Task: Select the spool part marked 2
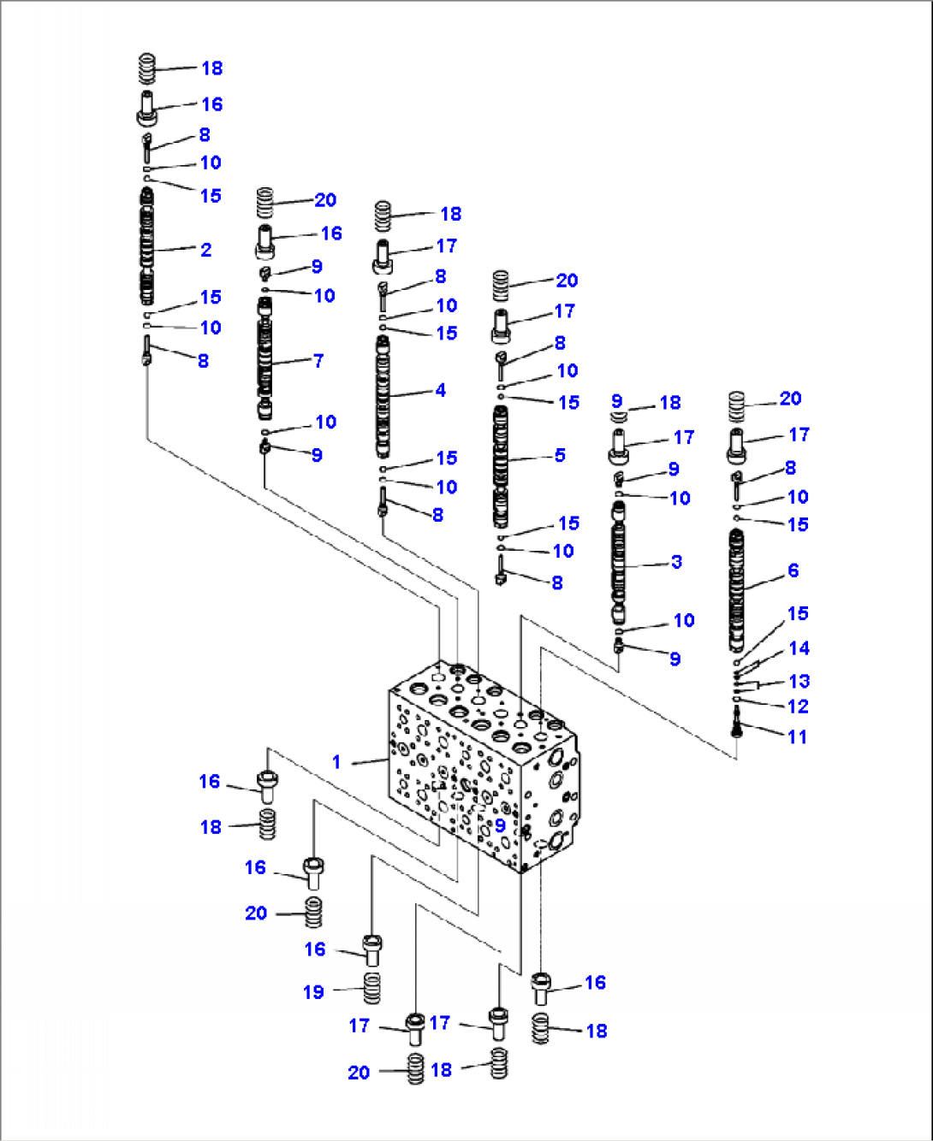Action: pos(147,248)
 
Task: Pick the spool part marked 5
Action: pos(500,466)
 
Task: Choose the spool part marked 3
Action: pos(618,565)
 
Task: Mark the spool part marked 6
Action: pos(735,590)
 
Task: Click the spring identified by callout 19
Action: pos(371,990)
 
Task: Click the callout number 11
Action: pos(797,736)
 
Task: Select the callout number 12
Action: pos(798,706)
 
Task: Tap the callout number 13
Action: pos(799,682)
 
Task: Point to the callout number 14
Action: pos(799,648)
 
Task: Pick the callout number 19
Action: pos(313,992)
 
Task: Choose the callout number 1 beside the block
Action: pos(336,762)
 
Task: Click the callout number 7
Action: pos(318,360)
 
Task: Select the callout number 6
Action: pos(793,570)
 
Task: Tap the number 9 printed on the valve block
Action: pos(500,826)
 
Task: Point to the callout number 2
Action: pos(205,250)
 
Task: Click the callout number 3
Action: pos(676,562)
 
